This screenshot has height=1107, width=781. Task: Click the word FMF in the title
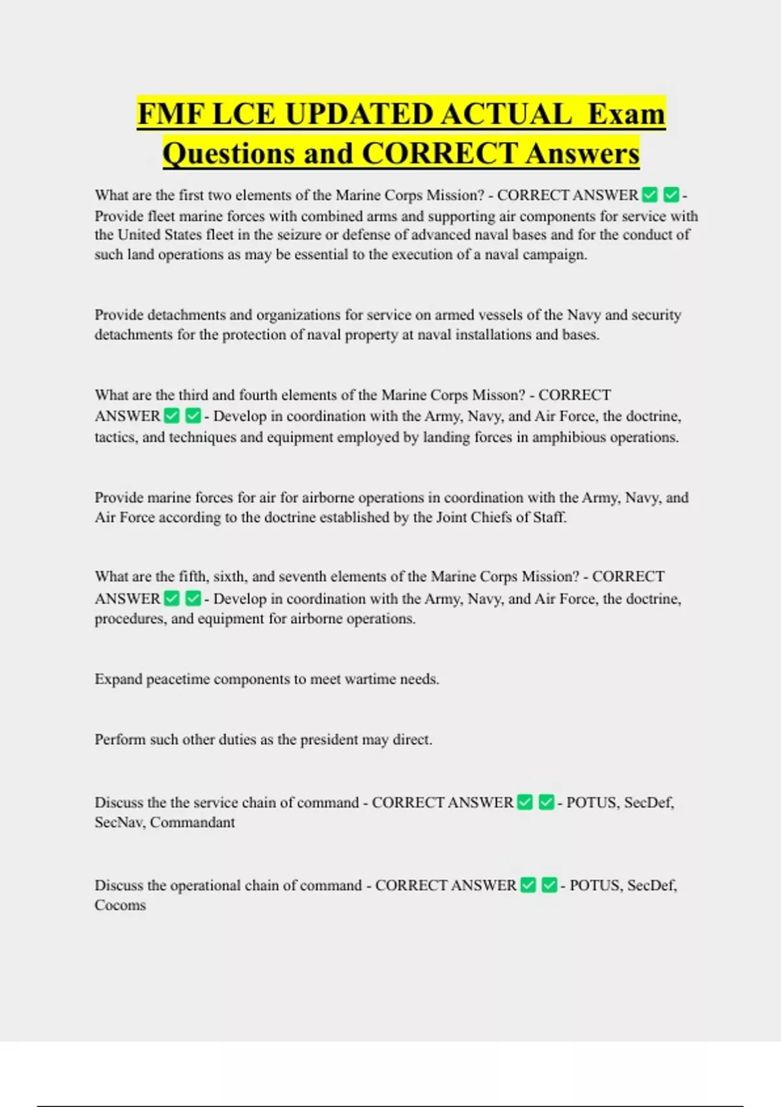coord(171,114)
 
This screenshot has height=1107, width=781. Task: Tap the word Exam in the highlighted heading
coord(626,114)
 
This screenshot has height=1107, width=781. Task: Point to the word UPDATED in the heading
coord(359,114)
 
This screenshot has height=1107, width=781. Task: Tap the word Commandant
coord(193,822)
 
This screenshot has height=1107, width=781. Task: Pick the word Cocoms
coord(120,905)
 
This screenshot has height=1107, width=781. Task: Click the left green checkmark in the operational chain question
coord(528,885)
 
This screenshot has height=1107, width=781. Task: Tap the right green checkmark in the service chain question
coord(547,802)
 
